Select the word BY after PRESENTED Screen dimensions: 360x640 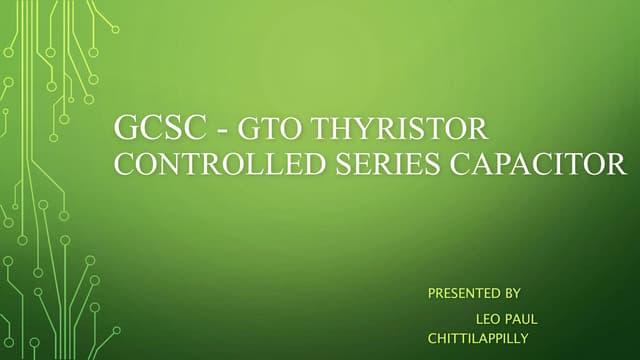[x=510, y=294]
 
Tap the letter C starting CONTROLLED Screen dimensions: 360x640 [x=124, y=163]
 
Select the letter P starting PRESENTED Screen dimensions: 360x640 [x=432, y=294]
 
